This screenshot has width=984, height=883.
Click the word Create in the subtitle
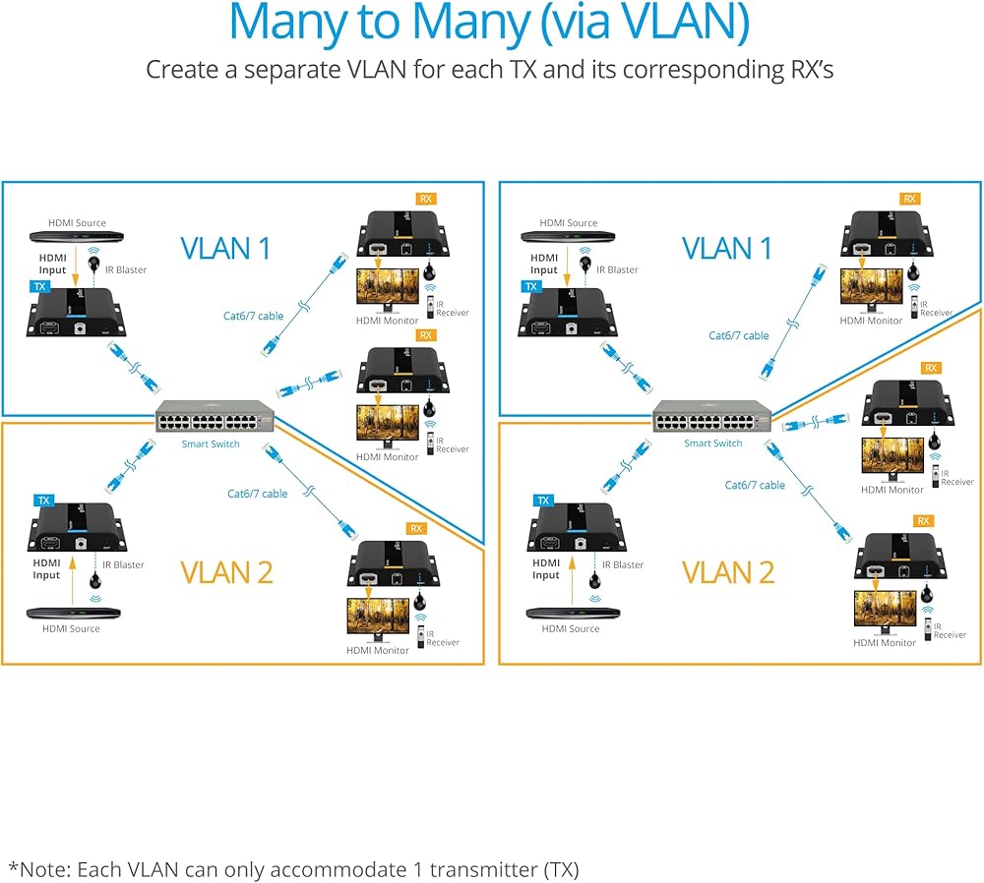click(184, 71)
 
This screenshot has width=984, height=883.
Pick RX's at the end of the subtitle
click(806, 71)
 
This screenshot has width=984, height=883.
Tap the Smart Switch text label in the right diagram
click(713, 443)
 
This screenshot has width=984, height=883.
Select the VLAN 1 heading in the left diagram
click(225, 248)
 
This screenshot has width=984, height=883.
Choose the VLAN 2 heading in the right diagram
click(727, 571)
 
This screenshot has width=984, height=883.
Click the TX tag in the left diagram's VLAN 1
click(38, 286)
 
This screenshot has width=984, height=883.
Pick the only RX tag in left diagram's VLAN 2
click(416, 529)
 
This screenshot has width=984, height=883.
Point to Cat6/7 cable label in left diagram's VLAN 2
click(257, 494)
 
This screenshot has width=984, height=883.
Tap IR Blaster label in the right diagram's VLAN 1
click(616, 269)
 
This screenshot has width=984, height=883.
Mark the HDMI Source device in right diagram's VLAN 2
click(569, 613)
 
